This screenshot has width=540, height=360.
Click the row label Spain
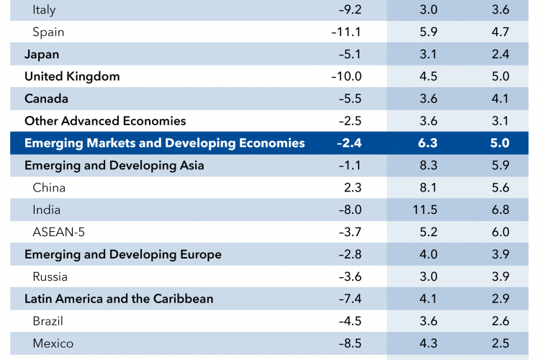49,32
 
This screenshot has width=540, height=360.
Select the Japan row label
42,55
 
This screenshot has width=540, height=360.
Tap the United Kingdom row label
72,76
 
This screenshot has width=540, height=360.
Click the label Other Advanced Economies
105,121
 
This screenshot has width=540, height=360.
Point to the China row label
49,188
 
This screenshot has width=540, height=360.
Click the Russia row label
50,276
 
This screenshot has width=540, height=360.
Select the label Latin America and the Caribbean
119,298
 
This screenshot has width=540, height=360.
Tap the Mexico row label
53,343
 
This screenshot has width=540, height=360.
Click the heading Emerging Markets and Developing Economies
164,143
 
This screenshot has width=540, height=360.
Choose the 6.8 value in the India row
500,210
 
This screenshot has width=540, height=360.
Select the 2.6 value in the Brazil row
500,321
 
